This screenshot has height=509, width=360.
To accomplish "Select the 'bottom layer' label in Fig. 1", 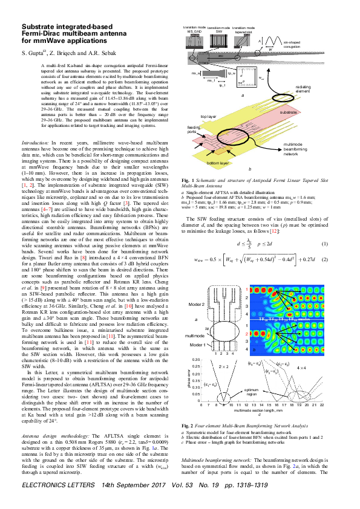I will click(x=218, y=163).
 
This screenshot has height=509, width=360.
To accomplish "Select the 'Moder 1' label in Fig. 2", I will click(x=195, y=344).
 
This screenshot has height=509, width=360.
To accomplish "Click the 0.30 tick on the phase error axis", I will click(x=195, y=360).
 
